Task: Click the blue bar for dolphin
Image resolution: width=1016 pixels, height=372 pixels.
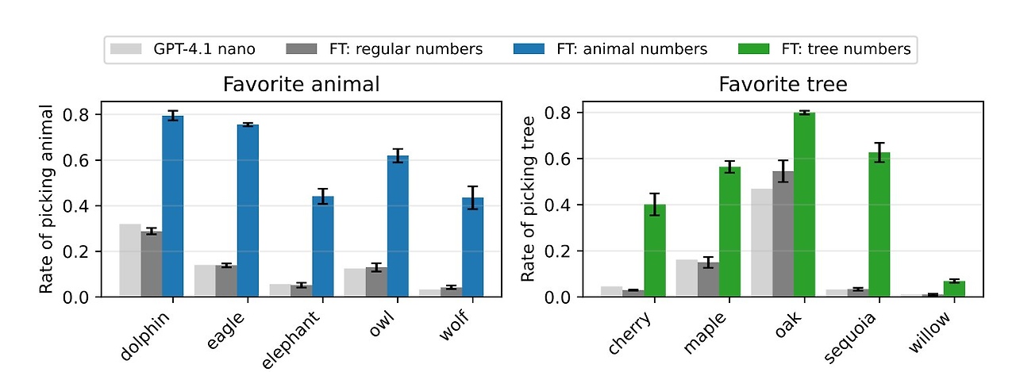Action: (172, 206)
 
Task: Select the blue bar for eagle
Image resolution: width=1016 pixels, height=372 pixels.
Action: (248, 211)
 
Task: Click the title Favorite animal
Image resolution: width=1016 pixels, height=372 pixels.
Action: (301, 84)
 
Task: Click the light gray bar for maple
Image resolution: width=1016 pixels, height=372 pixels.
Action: (686, 278)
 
